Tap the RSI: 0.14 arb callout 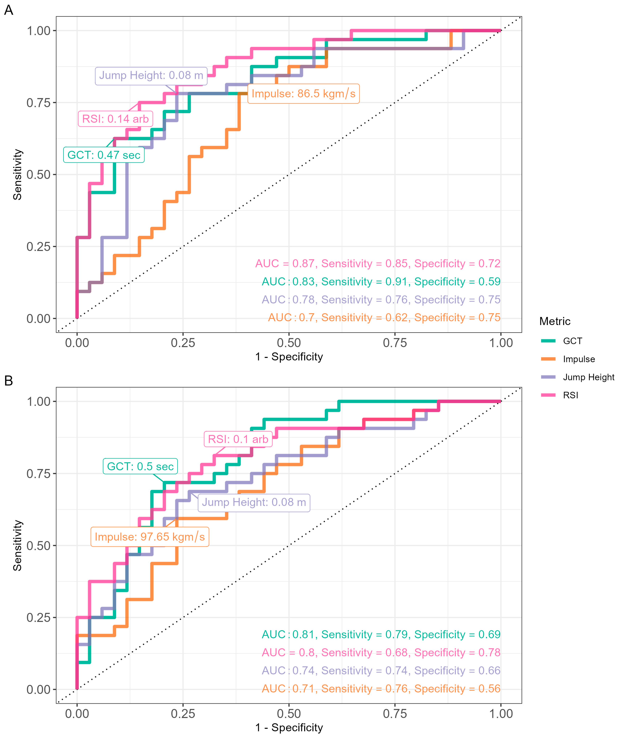(x=115, y=119)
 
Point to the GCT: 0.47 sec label (x=104, y=155)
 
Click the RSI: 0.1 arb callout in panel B (x=238, y=439)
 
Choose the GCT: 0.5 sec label (x=140, y=466)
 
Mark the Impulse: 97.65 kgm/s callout (x=150, y=537)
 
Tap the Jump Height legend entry (x=588, y=377)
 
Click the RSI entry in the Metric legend (x=570, y=395)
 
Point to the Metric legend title (x=555, y=321)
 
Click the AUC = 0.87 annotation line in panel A (x=377, y=264)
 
